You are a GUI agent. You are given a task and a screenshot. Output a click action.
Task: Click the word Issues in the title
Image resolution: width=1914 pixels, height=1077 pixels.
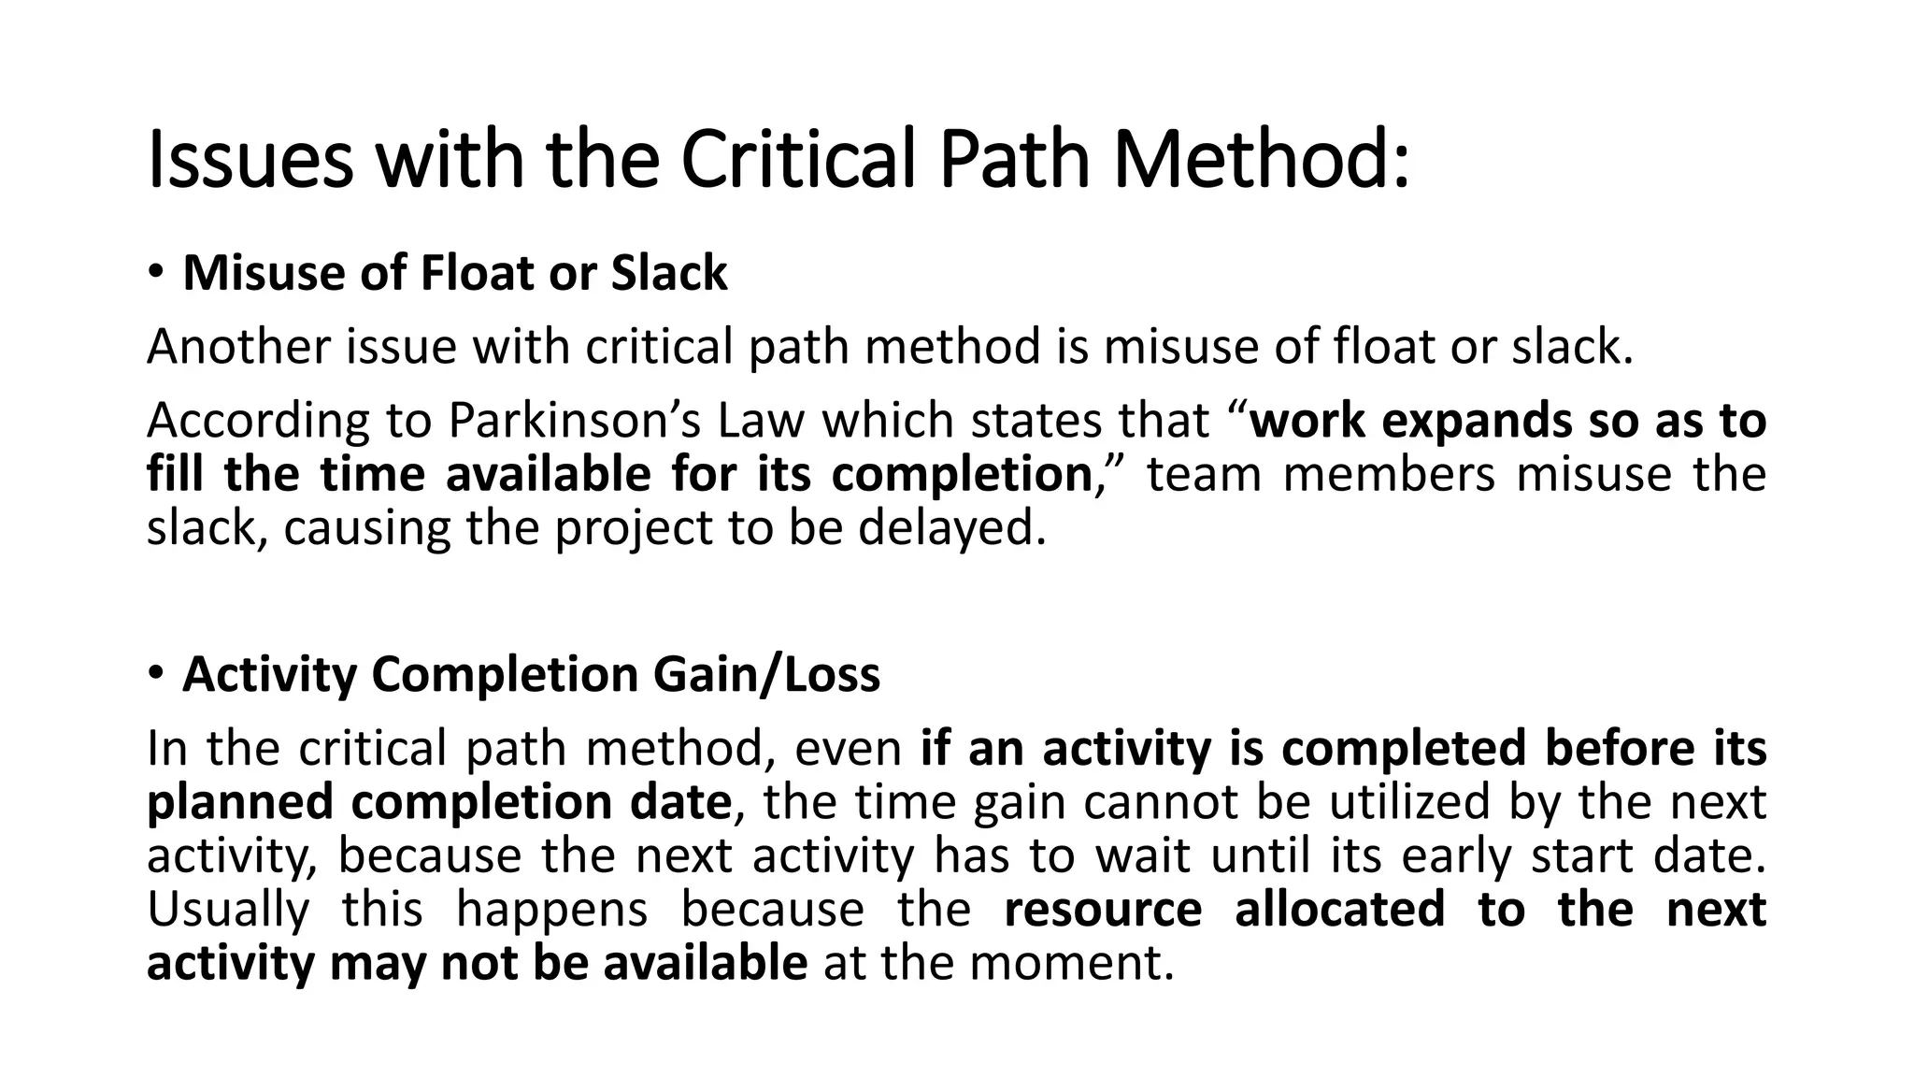(x=250, y=161)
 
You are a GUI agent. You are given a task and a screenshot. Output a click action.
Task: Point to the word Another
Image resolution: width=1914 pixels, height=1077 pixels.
(x=238, y=347)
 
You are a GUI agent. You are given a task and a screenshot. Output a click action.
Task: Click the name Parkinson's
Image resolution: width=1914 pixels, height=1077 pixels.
(x=574, y=421)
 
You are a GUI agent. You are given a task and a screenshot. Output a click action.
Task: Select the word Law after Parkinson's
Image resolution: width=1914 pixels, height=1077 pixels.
(x=760, y=421)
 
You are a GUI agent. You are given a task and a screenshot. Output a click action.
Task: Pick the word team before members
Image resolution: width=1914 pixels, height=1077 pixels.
(x=1204, y=475)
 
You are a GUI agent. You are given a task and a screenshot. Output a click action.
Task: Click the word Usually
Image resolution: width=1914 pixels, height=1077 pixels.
(x=228, y=910)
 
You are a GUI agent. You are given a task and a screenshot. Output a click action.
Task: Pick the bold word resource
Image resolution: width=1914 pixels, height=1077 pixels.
(x=1103, y=910)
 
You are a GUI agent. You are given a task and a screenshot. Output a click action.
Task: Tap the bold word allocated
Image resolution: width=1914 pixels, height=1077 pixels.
(x=1339, y=910)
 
